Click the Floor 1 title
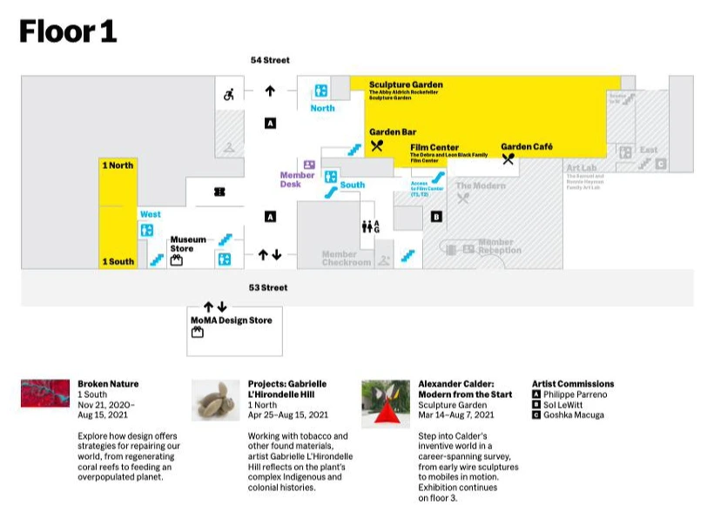click(x=68, y=31)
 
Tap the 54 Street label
click(x=270, y=60)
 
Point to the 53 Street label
click(x=268, y=287)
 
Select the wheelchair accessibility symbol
click(x=230, y=94)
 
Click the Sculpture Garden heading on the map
click(x=406, y=84)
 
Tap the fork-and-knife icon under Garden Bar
click(x=377, y=146)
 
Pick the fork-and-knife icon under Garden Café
click(x=509, y=159)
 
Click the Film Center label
click(x=434, y=147)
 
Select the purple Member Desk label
click(x=297, y=179)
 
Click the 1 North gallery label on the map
click(x=118, y=165)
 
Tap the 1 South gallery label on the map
click(x=118, y=261)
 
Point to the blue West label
click(x=150, y=214)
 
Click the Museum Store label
click(x=188, y=244)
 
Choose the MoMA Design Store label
click(x=232, y=320)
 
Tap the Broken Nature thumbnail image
click(x=45, y=394)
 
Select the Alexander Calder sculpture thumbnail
click(x=386, y=402)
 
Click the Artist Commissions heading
click(x=573, y=383)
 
